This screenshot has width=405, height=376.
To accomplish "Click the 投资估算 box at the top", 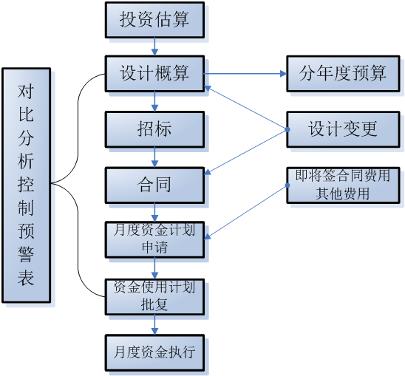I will point(154,20).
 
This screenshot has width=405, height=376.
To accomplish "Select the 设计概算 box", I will point(154,73).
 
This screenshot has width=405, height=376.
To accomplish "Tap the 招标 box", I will point(154,129).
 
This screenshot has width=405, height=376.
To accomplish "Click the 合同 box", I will point(154,184).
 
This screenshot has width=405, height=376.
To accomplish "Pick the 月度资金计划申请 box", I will point(154,239).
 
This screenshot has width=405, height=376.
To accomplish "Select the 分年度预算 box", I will point(342,73).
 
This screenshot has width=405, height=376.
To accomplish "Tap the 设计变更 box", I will point(342,129).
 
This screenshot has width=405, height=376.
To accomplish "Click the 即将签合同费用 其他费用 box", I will point(342,185).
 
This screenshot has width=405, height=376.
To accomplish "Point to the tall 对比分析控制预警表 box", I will point(26,185).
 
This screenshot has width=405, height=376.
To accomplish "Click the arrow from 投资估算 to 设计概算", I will point(154,47).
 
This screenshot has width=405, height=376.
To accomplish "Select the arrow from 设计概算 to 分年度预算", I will point(244,73).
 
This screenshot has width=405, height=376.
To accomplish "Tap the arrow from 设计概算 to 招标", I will point(154,101).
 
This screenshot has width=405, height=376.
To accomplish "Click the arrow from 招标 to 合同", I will point(154,157).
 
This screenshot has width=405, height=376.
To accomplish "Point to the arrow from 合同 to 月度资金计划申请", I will point(154,211).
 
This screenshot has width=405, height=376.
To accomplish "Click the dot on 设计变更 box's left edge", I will point(287,129).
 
